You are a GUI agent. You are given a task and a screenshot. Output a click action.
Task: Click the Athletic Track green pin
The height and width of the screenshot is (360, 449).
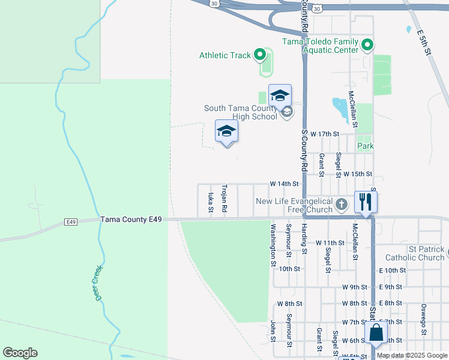[260, 55]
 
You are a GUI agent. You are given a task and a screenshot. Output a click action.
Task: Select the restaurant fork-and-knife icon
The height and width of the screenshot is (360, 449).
[366, 202]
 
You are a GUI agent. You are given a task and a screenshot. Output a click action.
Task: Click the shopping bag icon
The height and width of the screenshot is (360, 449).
[376, 333]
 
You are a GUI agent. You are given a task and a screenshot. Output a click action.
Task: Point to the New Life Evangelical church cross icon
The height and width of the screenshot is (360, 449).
[341, 205]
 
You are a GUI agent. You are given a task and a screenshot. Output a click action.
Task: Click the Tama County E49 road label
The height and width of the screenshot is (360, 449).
[131, 220]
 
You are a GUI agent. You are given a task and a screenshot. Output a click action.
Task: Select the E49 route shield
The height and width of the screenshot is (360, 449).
[71, 222]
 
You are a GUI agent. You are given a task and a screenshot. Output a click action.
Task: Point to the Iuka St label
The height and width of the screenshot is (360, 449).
[210, 203]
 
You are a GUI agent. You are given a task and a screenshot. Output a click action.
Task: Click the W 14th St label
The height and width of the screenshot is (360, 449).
[284, 184]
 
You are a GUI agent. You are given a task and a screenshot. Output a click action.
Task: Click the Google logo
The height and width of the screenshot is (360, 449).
[20, 353]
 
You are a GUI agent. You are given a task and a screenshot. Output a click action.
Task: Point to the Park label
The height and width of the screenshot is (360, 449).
[366, 146]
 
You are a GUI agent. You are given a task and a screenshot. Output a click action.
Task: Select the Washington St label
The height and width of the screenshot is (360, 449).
[273, 245]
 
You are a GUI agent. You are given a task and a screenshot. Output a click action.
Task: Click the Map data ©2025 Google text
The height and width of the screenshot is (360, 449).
[412, 356]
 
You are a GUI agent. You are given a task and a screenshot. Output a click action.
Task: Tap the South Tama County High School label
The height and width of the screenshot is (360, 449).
[241, 112]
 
